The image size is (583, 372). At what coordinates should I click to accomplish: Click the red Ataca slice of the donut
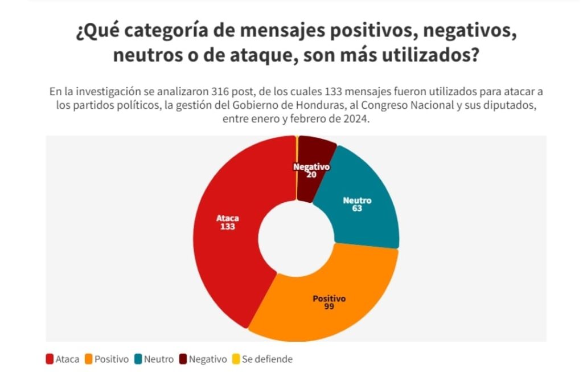tap(227, 238)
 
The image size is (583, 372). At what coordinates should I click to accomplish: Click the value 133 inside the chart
tap(228, 227)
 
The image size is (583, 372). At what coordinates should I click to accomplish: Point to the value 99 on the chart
tap(329, 306)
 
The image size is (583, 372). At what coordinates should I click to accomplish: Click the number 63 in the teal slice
tap(357, 209)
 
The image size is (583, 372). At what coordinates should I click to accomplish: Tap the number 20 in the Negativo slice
tap(311, 174)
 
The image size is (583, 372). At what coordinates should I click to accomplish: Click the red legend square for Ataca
tap(50, 359)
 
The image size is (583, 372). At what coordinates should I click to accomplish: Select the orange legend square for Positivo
tap(88, 359)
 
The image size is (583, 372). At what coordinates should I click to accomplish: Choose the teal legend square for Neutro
tap(138, 359)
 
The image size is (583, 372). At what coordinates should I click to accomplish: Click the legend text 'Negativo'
tap(208, 359)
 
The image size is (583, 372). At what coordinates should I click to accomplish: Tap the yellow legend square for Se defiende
tap(236, 359)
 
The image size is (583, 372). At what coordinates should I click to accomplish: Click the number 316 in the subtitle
tap(220, 92)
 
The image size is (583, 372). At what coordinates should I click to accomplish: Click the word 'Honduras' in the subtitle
tap(321, 105)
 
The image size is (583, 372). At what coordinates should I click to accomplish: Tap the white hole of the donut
tap(296, 238)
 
